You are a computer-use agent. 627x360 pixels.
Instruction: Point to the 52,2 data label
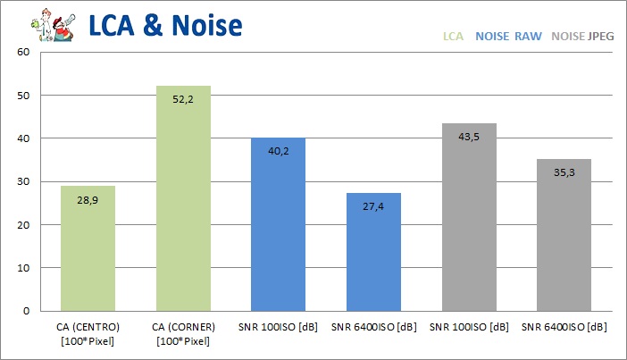(183, 101)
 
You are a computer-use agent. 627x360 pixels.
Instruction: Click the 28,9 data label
(88, 202)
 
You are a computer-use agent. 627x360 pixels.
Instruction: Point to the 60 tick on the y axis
(24, 52)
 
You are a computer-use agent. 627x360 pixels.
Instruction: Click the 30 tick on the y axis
(24, 181)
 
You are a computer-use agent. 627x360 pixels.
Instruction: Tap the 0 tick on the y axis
(28, 311)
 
